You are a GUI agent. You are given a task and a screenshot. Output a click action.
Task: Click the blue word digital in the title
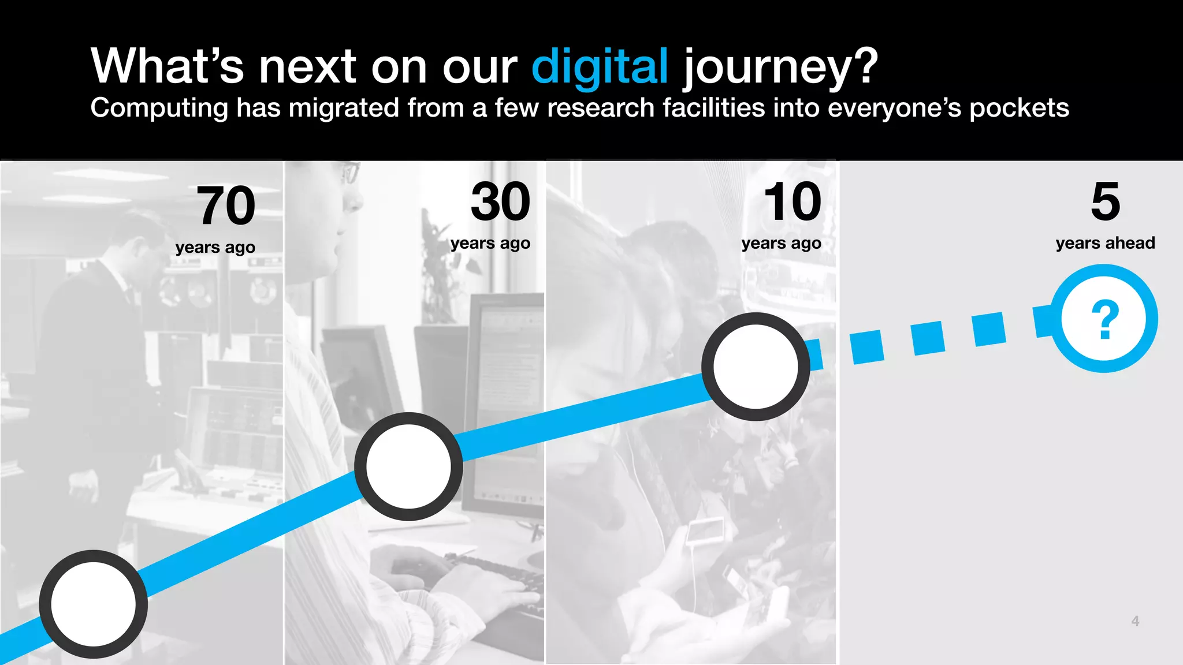pyautogui.click(x=600, y=67)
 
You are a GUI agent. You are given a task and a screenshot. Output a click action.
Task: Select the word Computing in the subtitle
pyautogui.click(x=159, y=109)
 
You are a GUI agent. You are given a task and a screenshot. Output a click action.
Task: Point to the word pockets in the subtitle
pyautogui.click(x=1019, y=109)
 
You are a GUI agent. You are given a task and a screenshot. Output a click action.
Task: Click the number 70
pyautogui.click(x=226, y=206)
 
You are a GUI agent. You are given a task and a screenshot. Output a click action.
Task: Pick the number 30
pyautogui.click(x=500, y=201)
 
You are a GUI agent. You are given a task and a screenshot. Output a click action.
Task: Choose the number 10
pyautogui.click(x=793, y=201)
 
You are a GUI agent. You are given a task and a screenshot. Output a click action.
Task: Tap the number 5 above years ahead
pyautogui.click(x=1105, y=201)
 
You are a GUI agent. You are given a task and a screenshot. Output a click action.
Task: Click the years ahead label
pyautogui.click(x=1105, y=243)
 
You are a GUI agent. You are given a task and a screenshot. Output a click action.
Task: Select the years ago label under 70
pyautogui.click(x=215, y=248)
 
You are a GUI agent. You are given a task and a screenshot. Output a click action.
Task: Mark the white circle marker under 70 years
pyautogui.click(x=94, y=604)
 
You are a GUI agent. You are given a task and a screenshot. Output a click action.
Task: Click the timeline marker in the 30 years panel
pyautogui.click(x=408, y=466)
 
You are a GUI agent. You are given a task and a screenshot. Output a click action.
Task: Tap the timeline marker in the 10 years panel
pyautogui.click(x=756, y=367)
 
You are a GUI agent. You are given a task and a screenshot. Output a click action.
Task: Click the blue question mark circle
pyautogui.click(x=1104, y=319)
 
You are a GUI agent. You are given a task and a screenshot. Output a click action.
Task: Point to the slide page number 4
pyautogui.click(x=1135, y=621)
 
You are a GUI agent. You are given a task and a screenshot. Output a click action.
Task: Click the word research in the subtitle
pyautogui.click(x=600, y=109)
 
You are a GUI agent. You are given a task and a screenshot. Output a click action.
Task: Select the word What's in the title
pyautogui.click(x=168, y=67)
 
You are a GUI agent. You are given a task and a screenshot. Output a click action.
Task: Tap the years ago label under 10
pyautogui.click(x=781, y=244)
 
